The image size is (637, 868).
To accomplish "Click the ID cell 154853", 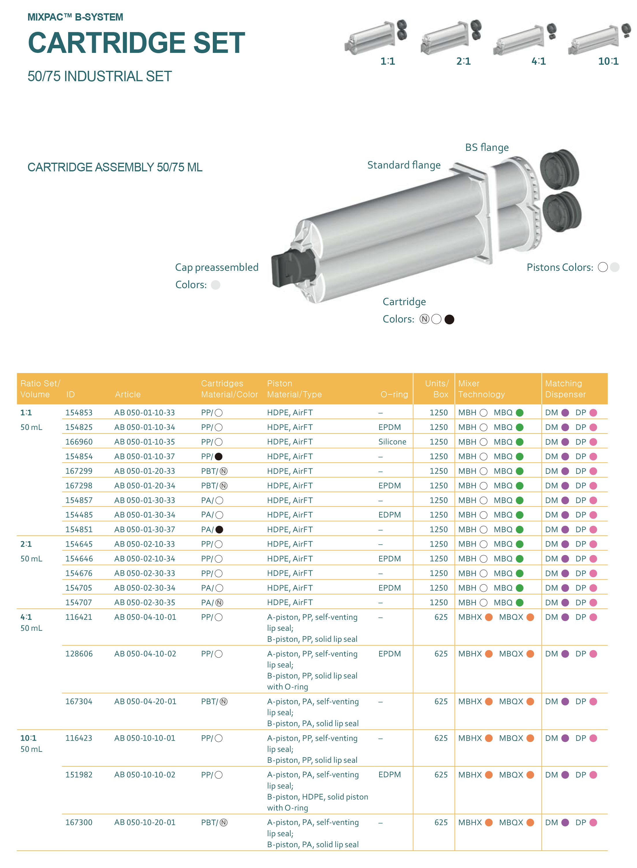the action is (x=79, y=412).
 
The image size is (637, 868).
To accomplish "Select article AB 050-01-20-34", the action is (x=145, y=485).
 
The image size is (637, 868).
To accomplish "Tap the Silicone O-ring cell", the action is (x=392, y=442).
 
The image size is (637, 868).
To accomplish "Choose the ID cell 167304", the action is (x=79, y=701).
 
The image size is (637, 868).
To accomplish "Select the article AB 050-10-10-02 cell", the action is (x=145, y=775).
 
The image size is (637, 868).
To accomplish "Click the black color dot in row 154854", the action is (x=219, y=456).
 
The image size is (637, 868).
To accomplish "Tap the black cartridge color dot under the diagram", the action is (x=449, y=319).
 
